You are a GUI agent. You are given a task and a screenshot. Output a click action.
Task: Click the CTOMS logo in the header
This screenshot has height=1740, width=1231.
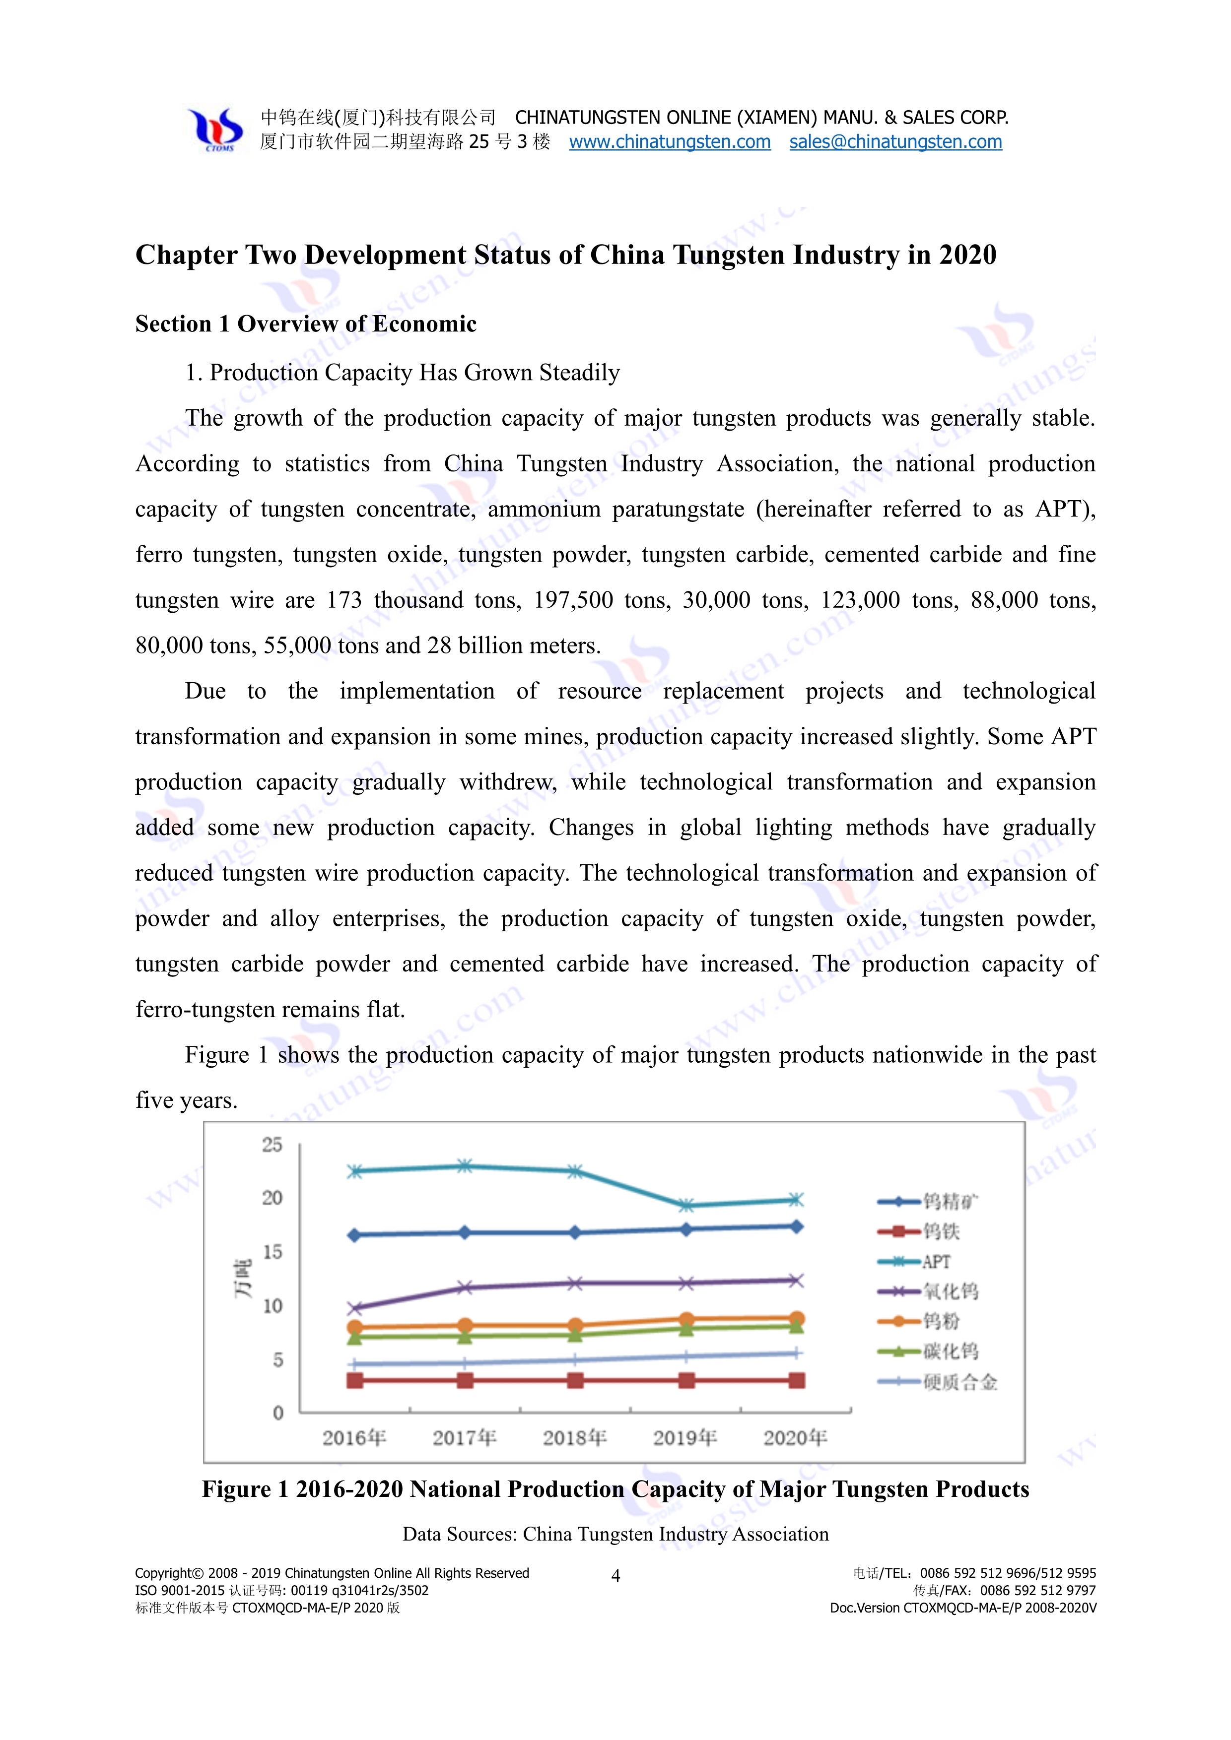[217, 129]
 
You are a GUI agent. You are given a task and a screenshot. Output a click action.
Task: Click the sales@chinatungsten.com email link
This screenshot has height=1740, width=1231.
[895, 142]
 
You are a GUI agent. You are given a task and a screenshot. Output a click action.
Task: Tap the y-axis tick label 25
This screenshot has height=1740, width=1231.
[272, 1145]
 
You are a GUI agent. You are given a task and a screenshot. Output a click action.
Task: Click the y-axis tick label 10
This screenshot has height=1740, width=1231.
[272, 1306]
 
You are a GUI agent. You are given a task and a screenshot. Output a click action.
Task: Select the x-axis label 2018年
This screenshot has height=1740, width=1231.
[575, 1438]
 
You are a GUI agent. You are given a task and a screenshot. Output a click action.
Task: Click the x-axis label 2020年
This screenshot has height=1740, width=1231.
[795, 1438]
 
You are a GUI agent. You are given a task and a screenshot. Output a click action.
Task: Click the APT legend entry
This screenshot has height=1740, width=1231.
[935, 1262]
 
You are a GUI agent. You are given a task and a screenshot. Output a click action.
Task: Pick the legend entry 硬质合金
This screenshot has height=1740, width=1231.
[959, 1382]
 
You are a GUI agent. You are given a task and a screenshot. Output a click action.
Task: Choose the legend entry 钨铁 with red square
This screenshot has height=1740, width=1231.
[941, 1231]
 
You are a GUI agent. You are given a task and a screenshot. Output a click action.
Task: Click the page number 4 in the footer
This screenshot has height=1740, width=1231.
[615, 1576]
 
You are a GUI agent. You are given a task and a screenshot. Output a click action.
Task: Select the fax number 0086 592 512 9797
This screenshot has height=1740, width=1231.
[1038, 1591]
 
